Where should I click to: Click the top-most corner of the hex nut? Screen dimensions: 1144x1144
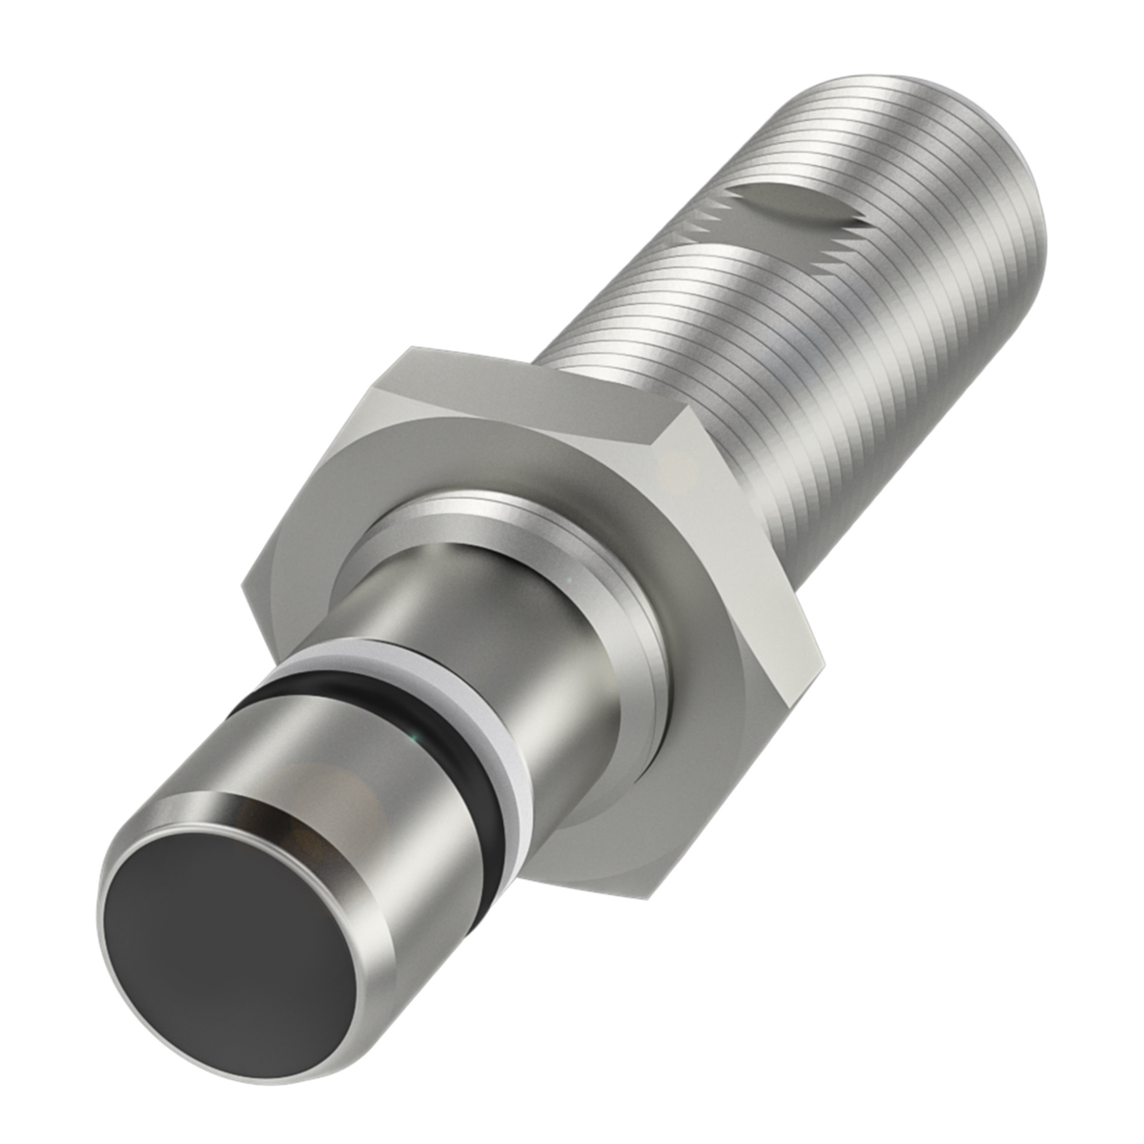tap(412, 347)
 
